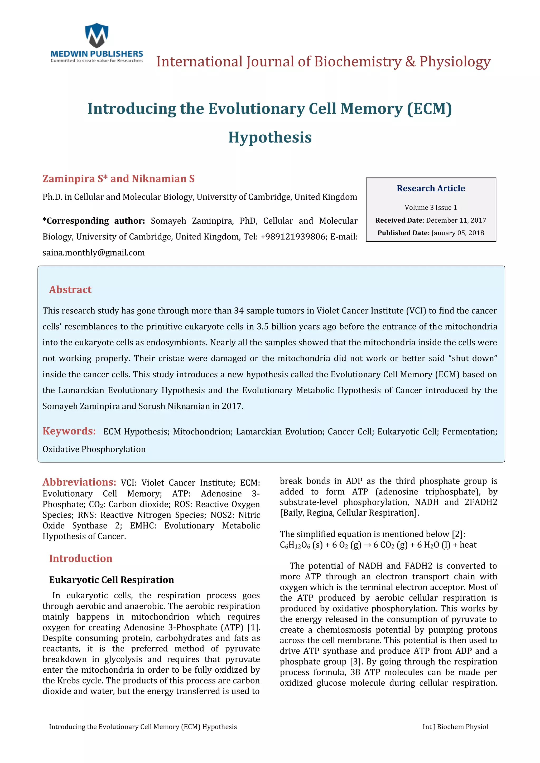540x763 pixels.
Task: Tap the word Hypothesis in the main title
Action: (x=270, y=137)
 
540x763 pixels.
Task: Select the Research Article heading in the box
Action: (x=431, y=188)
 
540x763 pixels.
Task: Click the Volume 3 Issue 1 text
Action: (x=431, y=207)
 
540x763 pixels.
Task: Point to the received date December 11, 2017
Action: (x=456, y=220)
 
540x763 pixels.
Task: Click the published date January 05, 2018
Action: (x=457, y=233)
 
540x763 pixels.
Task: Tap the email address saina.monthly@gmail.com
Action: (x=93, y=253)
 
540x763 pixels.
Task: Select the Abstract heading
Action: (x=70, y=290)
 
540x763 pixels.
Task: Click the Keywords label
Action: (x=69, y=431)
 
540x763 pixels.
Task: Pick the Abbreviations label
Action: (x=79, y=482)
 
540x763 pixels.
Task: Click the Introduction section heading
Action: (x=80, y=558)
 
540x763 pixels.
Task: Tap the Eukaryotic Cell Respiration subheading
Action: (x=111, y=580)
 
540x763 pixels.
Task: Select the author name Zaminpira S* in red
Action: (x=75, y=179)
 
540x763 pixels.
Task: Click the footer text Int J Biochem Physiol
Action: (x=455, y=727)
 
